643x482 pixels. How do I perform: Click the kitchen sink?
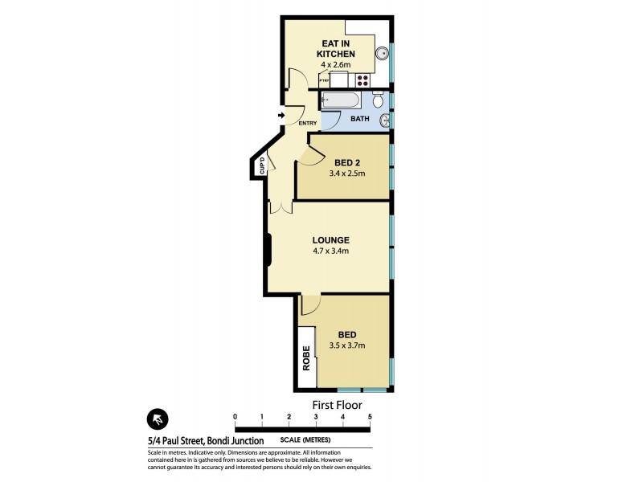tap(383, 55)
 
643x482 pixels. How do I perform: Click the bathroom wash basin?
tap(386, 121)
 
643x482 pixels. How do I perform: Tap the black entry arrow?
tap(281, 116)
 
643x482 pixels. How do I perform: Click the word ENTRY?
tap(307, 123)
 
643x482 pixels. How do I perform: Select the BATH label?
tap(359, 120)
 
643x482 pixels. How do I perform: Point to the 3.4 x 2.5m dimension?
tap(346, 174)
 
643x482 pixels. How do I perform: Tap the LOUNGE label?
tap(330, 239)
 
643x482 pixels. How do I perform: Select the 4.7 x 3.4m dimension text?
tap(330, 251)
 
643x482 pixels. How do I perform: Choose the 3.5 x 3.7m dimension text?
tap(347, 346)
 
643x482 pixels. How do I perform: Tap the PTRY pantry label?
tap(325, 81)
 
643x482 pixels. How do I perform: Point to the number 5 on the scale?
tap(370, 417)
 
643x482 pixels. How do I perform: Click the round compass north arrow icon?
tap(158, 419)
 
